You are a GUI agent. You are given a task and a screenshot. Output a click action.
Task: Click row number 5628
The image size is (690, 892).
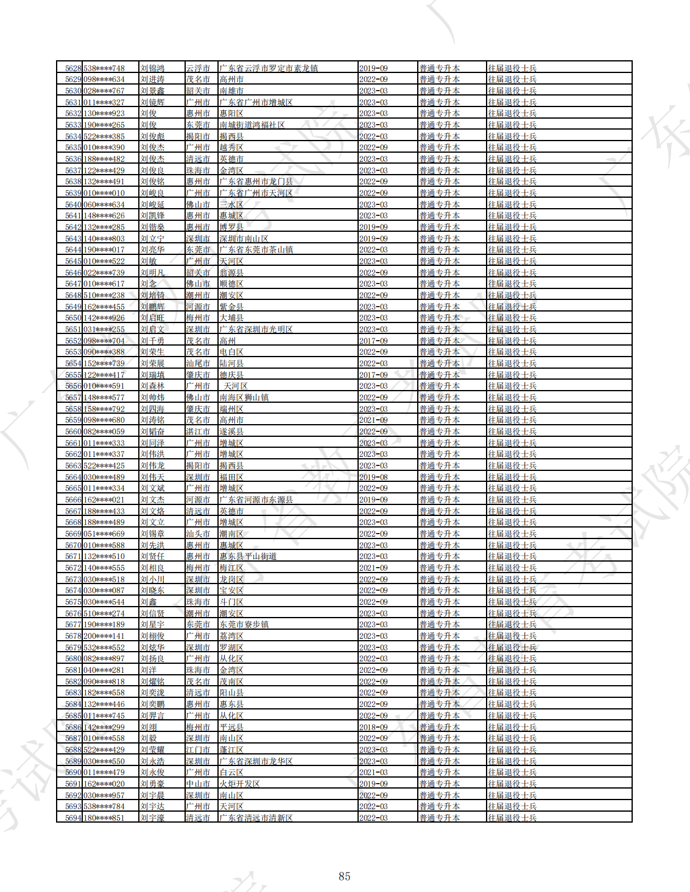73,68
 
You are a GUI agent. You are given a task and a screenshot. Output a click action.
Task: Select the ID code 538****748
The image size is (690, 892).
104,68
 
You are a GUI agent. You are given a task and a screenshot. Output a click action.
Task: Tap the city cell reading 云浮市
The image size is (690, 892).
198,68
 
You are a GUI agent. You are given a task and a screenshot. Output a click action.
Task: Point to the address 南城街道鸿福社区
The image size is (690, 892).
252,125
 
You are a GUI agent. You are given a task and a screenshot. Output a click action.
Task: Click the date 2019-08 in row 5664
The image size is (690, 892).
373,477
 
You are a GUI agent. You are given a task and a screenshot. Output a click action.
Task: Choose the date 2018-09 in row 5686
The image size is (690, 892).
373,727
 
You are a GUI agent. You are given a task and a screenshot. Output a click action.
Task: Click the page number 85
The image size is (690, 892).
345,876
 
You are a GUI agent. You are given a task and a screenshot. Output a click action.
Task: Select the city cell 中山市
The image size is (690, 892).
198,784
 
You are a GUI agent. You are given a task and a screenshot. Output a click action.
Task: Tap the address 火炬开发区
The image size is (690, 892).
239,784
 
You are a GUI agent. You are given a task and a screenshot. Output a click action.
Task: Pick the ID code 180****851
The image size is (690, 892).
104,818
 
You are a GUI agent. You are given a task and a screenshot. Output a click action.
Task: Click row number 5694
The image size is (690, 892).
73,818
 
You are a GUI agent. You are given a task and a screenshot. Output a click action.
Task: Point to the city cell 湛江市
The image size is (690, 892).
198,431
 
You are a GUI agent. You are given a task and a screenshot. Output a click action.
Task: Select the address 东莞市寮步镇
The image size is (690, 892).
244,624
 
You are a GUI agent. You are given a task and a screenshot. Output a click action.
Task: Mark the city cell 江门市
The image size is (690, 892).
198,750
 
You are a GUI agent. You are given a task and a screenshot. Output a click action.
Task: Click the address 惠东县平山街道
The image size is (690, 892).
248,556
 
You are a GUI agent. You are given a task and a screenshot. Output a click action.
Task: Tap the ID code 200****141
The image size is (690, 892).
104,636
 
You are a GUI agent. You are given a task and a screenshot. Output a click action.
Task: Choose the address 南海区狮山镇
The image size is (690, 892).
244,397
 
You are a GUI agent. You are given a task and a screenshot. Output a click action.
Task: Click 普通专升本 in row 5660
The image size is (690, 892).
439,431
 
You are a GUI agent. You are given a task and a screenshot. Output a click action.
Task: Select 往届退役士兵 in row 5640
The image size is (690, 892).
512,204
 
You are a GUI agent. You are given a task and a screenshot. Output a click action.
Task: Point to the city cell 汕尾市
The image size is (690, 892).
198,363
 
